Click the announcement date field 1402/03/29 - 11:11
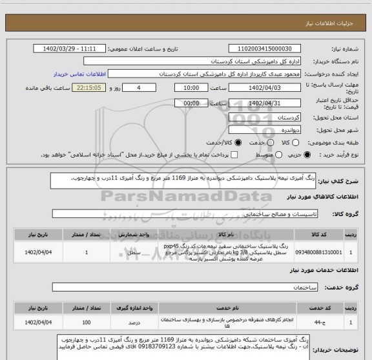[x=78, y=48]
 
